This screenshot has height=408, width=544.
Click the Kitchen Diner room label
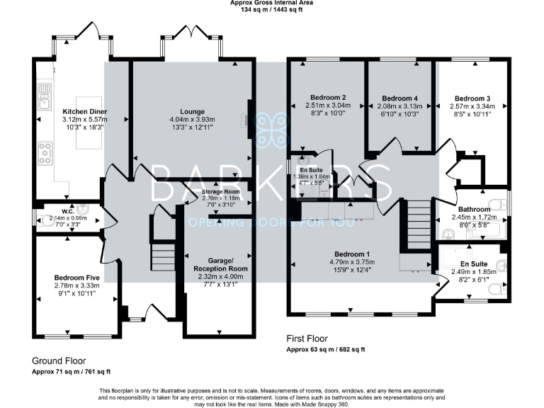84,111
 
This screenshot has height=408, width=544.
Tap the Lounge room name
192,111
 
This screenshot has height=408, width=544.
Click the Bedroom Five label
76,278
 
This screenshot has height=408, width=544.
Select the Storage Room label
221,192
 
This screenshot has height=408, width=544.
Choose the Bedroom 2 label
328,97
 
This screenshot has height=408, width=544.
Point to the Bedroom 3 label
472,98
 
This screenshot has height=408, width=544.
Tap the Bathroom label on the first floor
474,210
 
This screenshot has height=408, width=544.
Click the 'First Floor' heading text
307,339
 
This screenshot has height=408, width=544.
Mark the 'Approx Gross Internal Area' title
272,4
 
